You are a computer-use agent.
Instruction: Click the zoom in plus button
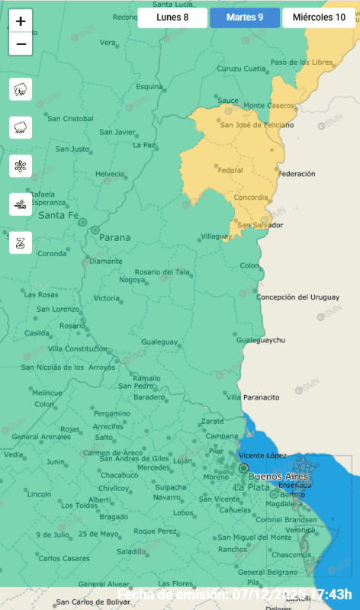point(21,22)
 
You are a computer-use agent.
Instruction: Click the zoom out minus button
point(21,44)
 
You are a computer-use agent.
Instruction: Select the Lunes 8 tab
point(172,17)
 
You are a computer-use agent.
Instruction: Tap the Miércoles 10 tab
point(318,17)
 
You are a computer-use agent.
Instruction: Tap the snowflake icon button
point(21,165)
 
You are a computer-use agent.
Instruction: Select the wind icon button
point(21,204)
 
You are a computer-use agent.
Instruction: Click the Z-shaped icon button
point(21,242)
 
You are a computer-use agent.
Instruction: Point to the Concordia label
point(251,197)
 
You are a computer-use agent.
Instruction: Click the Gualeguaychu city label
point(261,339)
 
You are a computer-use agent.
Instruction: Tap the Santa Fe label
point(59,216)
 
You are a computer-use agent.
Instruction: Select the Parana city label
point(114,237)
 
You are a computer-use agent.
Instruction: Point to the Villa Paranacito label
point(252,397)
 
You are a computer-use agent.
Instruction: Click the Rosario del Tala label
point(162,272)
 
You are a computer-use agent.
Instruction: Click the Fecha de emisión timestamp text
point(238,594)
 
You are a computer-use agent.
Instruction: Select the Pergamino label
point(112,413)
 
